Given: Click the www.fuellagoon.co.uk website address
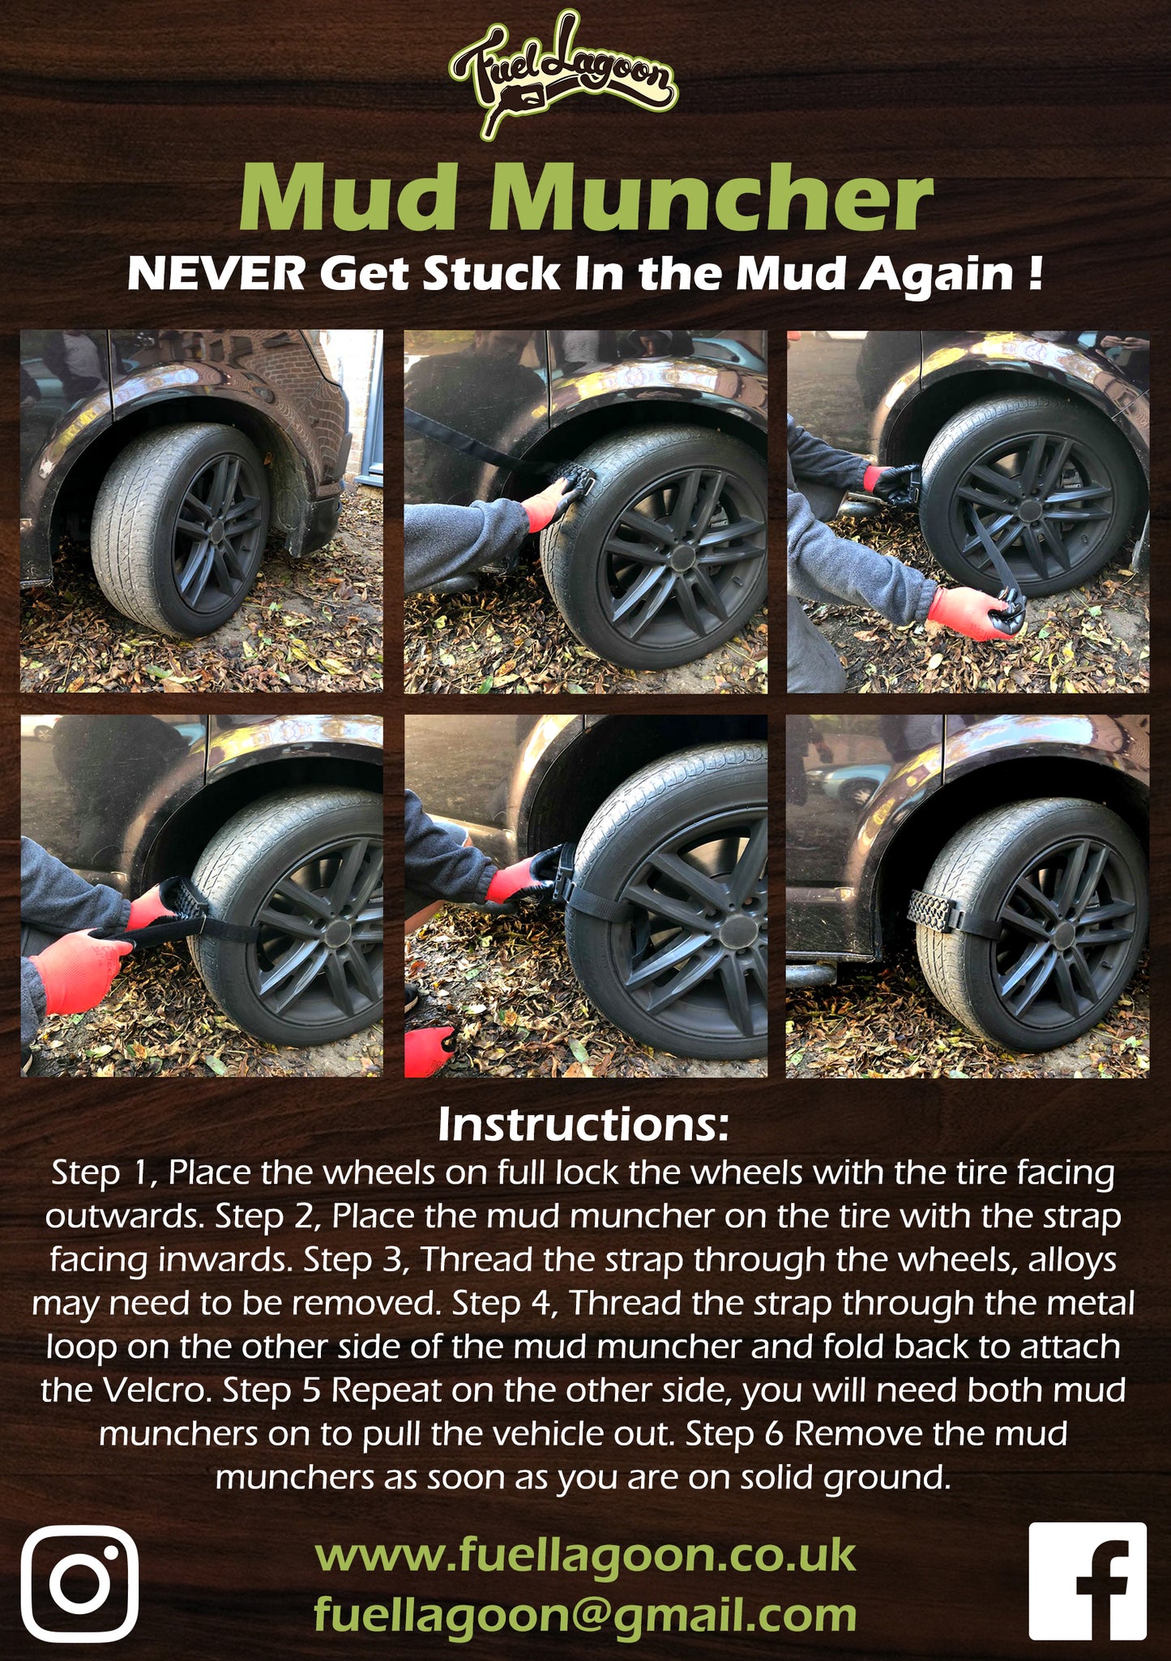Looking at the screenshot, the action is (585, 1555).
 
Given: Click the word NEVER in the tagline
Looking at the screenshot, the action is (216, 275).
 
